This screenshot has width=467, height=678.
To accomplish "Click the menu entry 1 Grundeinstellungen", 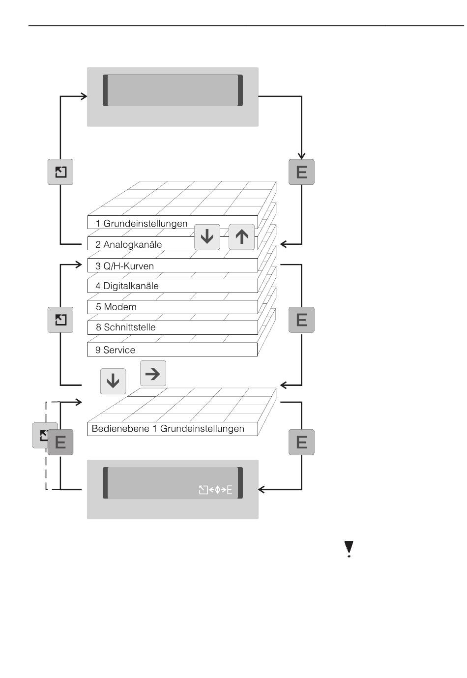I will (x=142, y=224).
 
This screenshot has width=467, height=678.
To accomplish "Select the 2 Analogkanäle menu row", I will (x=129, y=244).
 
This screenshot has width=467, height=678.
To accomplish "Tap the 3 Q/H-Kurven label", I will (x=125, y=266).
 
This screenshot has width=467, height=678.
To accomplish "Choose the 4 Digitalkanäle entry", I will (x=127, y=286).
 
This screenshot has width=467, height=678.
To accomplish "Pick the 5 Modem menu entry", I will (x=117, y=307).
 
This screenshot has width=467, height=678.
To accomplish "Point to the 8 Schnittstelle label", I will (x=126, y=327).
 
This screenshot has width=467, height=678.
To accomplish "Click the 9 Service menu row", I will (x=116, y=350).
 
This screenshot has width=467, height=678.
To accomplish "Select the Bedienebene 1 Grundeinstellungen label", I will (x=168, y=429).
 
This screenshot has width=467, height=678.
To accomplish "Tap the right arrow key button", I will (x=153, y=374).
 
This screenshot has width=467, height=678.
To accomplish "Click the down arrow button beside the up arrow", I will (x=207, y=237).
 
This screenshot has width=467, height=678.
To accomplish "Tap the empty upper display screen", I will (x=173, y=90).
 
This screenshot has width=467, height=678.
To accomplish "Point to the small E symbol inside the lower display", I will (x=229, y=490).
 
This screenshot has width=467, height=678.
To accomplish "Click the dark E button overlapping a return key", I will (x=60, y=442).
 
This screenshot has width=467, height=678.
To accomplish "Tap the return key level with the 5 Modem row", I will (x=60, y=320).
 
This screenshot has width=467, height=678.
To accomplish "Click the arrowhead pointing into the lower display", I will (x=262, y=490).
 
